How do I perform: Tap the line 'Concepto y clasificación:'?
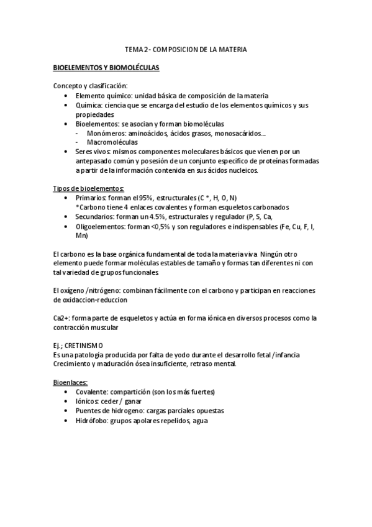pos(91,86)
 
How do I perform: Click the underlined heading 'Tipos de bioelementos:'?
pos(88,188)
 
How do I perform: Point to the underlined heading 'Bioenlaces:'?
pos(70,382)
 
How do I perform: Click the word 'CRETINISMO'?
pos(83,345)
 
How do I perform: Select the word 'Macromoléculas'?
pos(112,142)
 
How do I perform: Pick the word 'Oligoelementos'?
pos(99,226)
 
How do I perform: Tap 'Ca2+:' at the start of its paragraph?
pos(63,318)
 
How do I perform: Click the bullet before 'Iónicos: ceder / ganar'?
pos(66,402)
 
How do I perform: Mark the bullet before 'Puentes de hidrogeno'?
pos(66,411)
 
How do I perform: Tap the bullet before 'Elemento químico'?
pos(66,96)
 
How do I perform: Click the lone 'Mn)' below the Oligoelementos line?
pos(81,236)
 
